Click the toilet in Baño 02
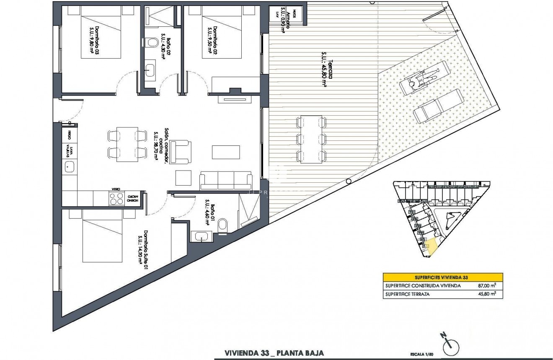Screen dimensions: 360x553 point(152,43)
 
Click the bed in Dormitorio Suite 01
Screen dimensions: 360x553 point(103,237)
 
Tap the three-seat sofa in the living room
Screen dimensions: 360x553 point(226,180)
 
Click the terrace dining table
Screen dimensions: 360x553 point(310,139)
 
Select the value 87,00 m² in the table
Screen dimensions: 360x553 point(487,286)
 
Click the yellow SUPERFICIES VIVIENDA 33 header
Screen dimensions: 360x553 point(443,277)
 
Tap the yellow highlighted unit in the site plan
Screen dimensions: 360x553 point(432,247)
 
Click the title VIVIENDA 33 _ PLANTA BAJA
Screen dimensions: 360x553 point(274,353)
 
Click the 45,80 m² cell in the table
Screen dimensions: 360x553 point(487,294)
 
